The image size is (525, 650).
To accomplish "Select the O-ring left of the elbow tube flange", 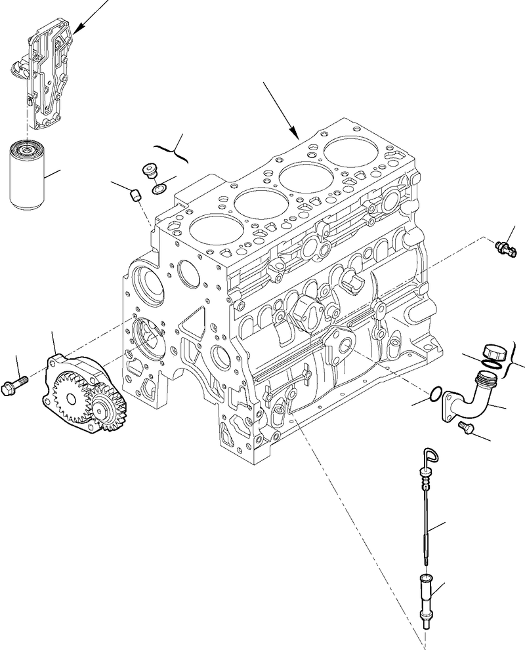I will [x=432, y=395].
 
